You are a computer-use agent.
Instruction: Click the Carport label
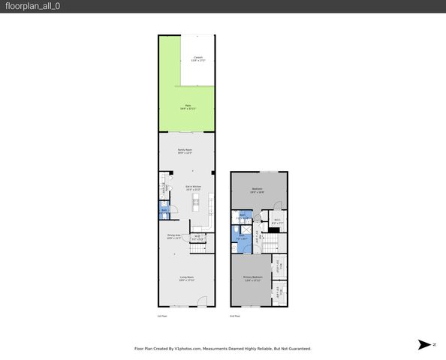(198, 58)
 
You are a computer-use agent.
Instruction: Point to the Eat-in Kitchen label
(194, 187)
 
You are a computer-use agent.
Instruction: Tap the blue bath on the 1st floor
(163, 212)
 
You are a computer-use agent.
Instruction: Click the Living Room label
(186, 278)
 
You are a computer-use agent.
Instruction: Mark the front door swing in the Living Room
(201, 301)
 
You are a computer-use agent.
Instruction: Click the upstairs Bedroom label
(257, 189)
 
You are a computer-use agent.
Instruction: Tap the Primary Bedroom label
(253, 278)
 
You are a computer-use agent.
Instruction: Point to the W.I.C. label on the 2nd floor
(276, 220)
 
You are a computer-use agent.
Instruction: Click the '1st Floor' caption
(161, 316)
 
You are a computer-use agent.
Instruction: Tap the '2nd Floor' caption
(235, 316)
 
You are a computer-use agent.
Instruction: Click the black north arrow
(425, 344)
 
